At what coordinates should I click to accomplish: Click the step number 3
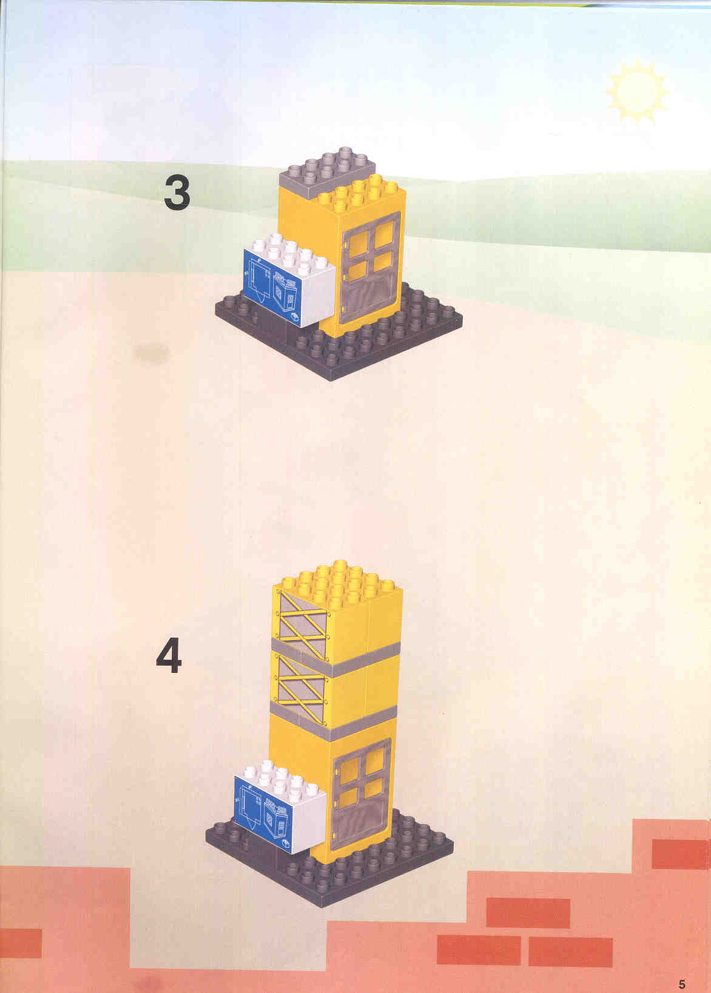tap(177, 193)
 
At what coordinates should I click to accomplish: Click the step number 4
tap(169, 656)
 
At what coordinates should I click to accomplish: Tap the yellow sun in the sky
tap(638, 92)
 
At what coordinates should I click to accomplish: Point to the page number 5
tap(682, 981)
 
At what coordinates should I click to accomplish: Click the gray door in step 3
tap(371, 267)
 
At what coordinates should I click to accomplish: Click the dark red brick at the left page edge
tap(21, 943)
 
